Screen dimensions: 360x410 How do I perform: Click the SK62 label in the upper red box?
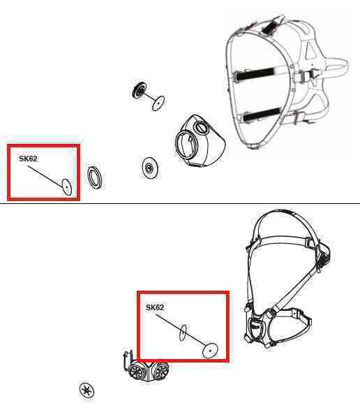tap(28, 159)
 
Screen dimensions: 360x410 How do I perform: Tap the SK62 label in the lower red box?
tap(155, 307)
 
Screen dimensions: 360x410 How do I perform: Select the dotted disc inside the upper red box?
tap(67, 187)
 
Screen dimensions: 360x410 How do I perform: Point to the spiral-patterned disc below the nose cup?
tap(150, 168)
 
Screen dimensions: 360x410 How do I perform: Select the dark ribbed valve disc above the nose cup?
tap(139, 90)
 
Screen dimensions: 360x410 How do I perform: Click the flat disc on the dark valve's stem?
tap(158, 103)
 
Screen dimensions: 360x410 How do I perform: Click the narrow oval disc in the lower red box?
tap(183, 332)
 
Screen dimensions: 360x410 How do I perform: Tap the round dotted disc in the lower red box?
tap(210, 351)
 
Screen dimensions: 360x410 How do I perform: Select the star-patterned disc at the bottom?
tap(87, 390)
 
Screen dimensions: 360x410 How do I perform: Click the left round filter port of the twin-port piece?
tap(137, 370)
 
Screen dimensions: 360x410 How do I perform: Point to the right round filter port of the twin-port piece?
tap(160, 371)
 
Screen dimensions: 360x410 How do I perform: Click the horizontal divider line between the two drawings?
tap(180, 203)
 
